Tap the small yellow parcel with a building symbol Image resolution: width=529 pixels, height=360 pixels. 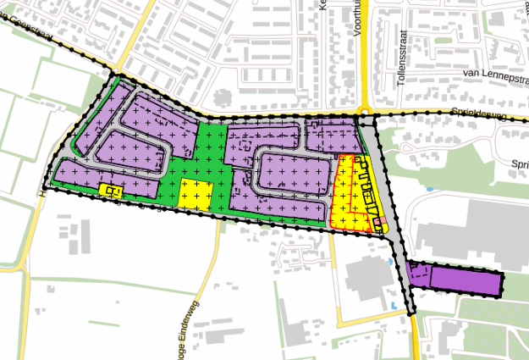(x=111, y=191)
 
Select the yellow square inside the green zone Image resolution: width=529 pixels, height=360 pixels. (x=195, y=194)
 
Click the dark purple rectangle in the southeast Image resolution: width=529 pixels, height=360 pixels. (x=465, y=280)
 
